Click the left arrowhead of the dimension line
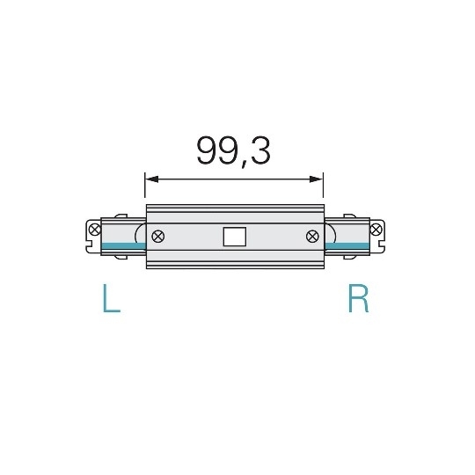point(150,179)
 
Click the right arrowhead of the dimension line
point(318,179)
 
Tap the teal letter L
point(110,300)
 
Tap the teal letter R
point(358,300)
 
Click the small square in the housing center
point(234,237)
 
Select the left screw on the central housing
point(158,236)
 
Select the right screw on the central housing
point(311,236)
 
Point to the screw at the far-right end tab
point(376,230)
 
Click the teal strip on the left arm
point(121,245)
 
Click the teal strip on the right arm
point(347,245)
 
